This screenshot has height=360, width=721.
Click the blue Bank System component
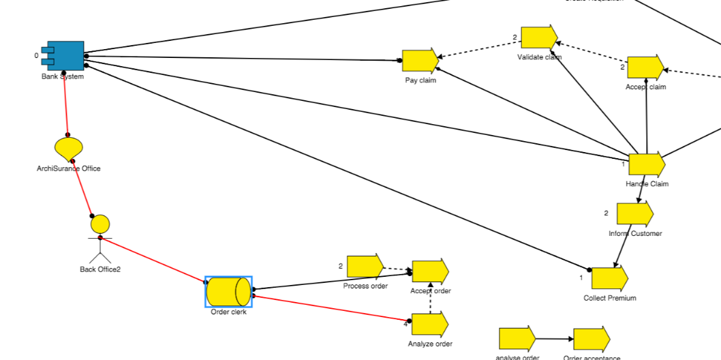pos(65,56)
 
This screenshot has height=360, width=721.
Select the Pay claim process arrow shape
pos(419,61)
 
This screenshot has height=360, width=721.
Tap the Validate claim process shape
pos(538,37)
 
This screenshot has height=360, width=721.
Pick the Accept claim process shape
pos(644,67)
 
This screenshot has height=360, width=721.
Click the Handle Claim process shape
pos(645,165)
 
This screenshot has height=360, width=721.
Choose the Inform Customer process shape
pos(634,214)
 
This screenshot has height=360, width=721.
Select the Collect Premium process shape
pos(609,279)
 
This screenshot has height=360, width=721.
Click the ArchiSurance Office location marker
pos(68,147)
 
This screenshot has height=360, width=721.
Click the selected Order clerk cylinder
pos(228,292)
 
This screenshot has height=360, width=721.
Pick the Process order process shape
pos(365,267)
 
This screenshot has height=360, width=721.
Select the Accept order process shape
pos(429,271)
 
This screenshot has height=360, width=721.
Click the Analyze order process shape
pos(429,324)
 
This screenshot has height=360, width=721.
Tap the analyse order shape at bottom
pos(517,340)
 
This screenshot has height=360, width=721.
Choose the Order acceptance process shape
pos(591,340)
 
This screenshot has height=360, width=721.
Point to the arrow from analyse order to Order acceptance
pos(554,339)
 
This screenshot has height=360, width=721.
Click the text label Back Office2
pos(100,269)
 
